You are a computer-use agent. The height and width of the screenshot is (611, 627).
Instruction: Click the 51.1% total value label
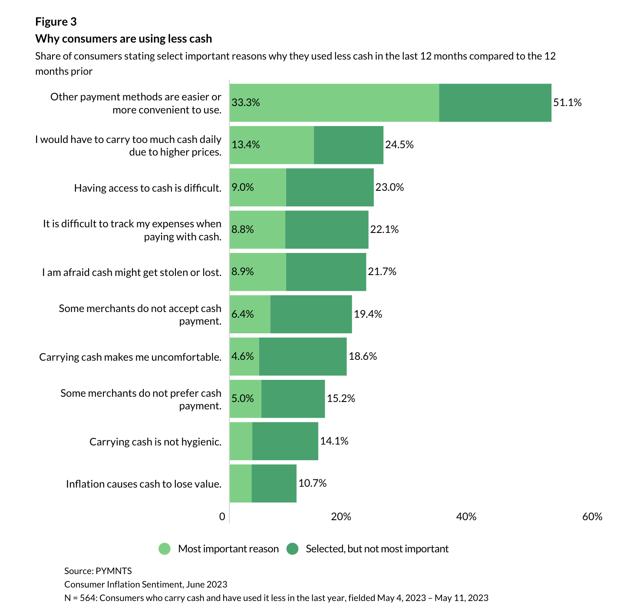[567, 103]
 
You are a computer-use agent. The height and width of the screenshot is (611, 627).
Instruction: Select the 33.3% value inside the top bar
[246, 103]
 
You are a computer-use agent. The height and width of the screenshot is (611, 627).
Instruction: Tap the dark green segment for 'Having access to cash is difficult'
[330, 187]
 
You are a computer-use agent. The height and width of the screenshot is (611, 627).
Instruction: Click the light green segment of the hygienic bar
[241, 441]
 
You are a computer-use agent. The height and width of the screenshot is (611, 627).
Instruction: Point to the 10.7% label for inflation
[312, 483]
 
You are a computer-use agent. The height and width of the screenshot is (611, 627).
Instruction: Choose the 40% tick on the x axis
[466, 516]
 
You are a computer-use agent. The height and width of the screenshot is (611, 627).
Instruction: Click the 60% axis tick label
[592, 516]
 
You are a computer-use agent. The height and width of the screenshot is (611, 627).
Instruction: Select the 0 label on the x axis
[222, 516]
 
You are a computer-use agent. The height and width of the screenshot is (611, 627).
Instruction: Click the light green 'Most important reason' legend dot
[165, 549]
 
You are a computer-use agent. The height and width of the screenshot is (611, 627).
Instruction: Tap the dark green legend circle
[293, 549]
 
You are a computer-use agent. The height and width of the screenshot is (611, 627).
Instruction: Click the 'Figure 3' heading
[56, 22]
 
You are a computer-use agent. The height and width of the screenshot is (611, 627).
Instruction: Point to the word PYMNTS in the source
[114, 571]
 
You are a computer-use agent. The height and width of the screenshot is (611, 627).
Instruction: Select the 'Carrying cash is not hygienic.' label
[155, 442]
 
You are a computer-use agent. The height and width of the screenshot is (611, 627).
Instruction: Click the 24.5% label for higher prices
[399, 145]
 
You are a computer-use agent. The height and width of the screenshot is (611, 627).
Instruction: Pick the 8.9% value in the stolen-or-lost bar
[243, 272]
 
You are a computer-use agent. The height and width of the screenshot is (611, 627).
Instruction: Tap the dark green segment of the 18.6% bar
[303, 356]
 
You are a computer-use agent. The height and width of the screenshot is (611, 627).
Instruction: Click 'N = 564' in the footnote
[80, 598]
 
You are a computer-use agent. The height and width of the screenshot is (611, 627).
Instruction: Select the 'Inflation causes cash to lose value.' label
[144, 484]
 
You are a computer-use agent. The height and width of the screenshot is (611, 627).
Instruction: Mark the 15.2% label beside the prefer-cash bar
[341, 398]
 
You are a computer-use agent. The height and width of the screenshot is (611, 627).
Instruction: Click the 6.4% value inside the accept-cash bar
[243, 314]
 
